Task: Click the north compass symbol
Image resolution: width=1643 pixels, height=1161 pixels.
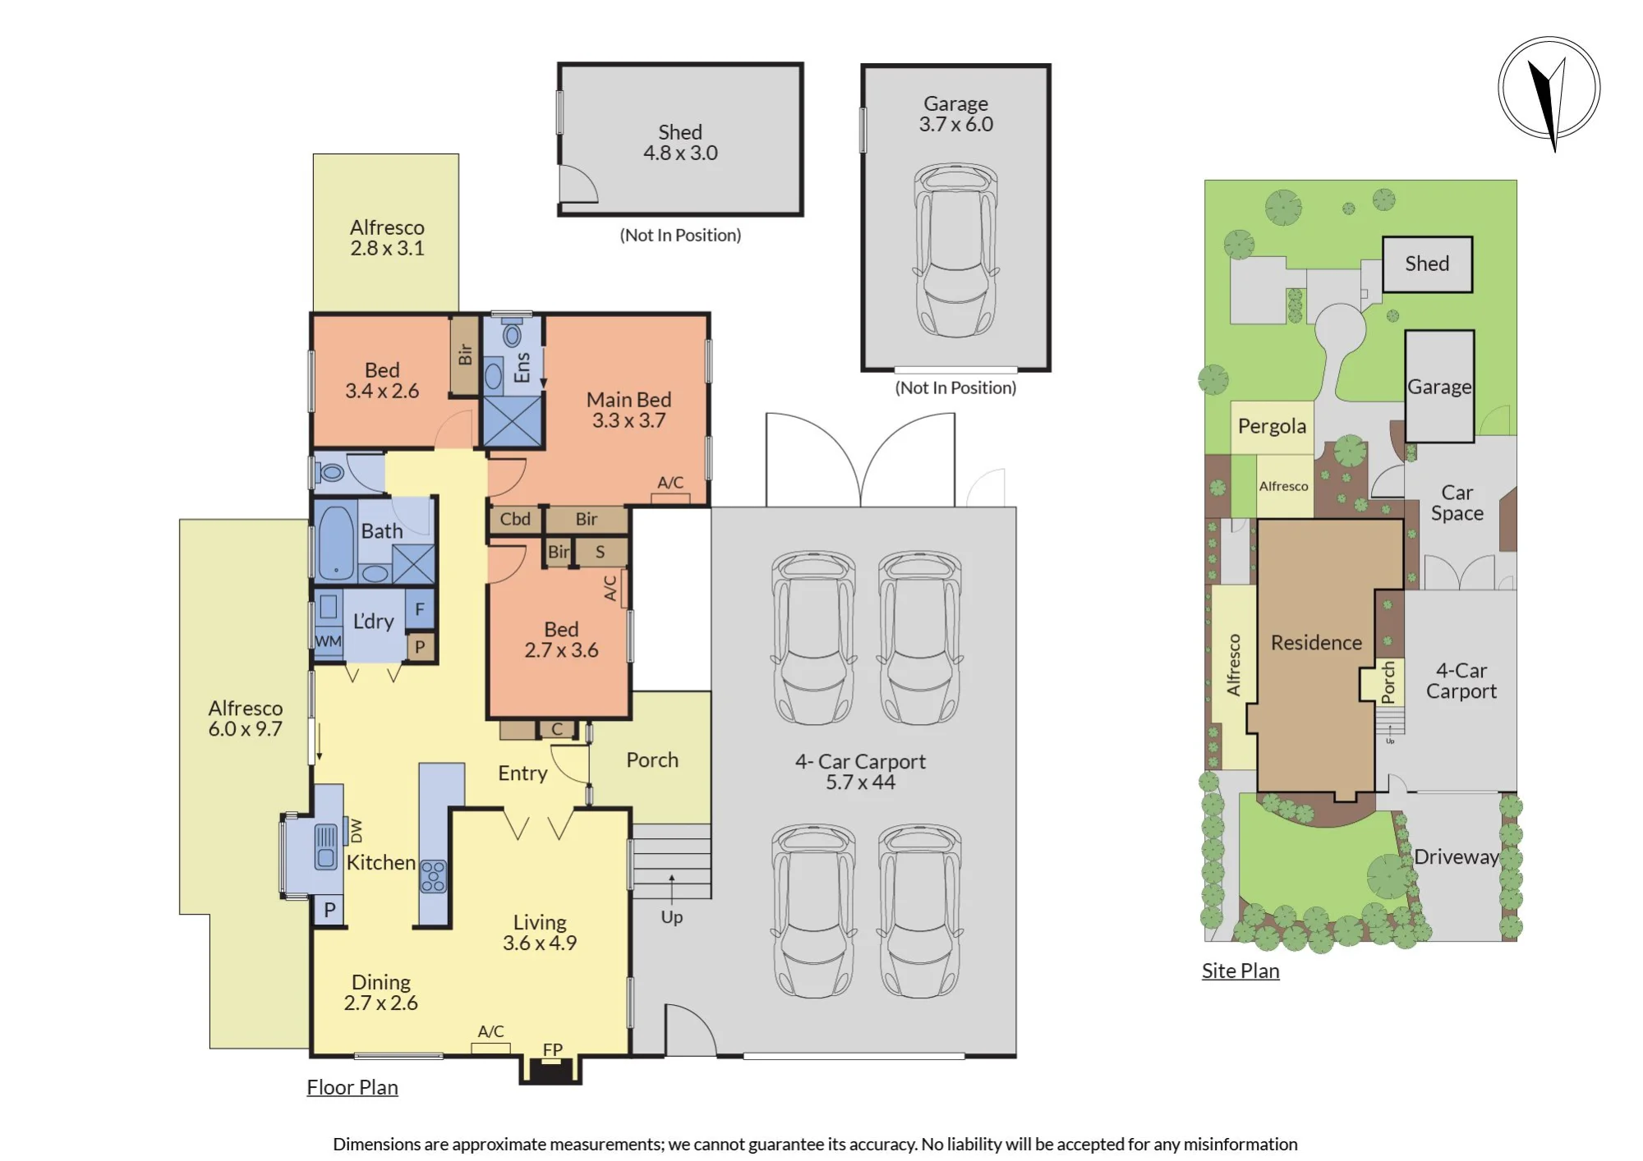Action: pos(1549,90)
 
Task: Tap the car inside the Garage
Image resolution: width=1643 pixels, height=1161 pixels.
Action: pos(955,250)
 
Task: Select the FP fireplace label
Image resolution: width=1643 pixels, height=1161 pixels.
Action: pos(553,1049)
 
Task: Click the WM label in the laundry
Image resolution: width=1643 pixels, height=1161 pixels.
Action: pos(328,641)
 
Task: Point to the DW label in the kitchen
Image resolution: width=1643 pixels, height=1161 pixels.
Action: pos(357,831)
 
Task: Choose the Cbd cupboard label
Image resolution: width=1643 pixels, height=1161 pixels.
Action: pos(515,519)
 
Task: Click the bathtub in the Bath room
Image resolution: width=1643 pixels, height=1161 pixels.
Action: pos(336,543)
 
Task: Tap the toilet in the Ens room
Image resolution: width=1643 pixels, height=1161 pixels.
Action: pos(513,334)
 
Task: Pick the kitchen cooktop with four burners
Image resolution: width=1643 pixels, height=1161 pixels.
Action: pos(433,876)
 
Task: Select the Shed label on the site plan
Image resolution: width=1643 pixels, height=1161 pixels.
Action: pos(1427,264)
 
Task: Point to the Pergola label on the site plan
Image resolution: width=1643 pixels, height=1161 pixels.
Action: pos(1272,426)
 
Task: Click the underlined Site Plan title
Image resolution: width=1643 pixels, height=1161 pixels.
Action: pos(1240,971)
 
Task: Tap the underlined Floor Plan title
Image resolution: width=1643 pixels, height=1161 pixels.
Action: pos(352,1087)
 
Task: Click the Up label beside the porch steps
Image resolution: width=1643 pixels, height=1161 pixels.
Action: pos(672,917)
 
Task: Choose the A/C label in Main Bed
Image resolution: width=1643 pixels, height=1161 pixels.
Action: pos(670,483)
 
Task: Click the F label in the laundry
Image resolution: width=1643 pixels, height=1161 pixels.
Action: pos(420,609)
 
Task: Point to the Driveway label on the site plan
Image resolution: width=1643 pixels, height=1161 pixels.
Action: pos(1457,857)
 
